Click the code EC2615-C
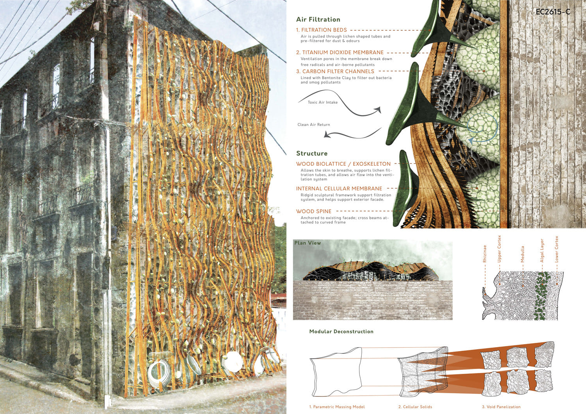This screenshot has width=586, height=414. pyautogui.click(x=553, y=12)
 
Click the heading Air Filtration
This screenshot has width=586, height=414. pyautogui.click(x=318, y=20)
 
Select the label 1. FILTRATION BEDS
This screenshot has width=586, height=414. pyautogui.click(x=321, y=30)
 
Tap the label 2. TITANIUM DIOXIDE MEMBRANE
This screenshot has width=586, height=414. pyautogui.click(x=339, y=52)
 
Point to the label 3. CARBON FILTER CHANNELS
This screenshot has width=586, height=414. pyautogui.click(x=335, y=72)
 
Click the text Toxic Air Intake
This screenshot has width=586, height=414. pyautogui.click(x=322, y=102)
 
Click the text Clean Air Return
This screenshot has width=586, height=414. pyautogui.click(x=313, y=125)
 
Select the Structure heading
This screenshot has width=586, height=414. pyautogui.click(x=311, y=154)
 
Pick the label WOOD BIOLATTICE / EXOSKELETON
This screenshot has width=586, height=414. pyautogui.click(x=343, y=164)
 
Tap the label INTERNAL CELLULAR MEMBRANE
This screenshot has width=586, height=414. pyautogui.click(x=339, y=189)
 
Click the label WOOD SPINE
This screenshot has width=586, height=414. pyautogui.click(x=313, y=211)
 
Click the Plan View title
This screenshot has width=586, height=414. pyautogui.click(x=307, y=243)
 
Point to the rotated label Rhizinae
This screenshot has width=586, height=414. pyautogui.click(x=485, y=254)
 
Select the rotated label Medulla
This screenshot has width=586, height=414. pyautogui.click(x=523, y=254)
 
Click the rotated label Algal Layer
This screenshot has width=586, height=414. pyautogui.click(x=542, y=251)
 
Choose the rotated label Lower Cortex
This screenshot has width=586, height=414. pyautogui.click(x=557, y=249)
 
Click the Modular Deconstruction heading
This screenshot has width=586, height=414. pyautogui.click(x=341, y=332)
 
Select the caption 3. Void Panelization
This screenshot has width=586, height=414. pyautogui.click(x=501, y=407)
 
